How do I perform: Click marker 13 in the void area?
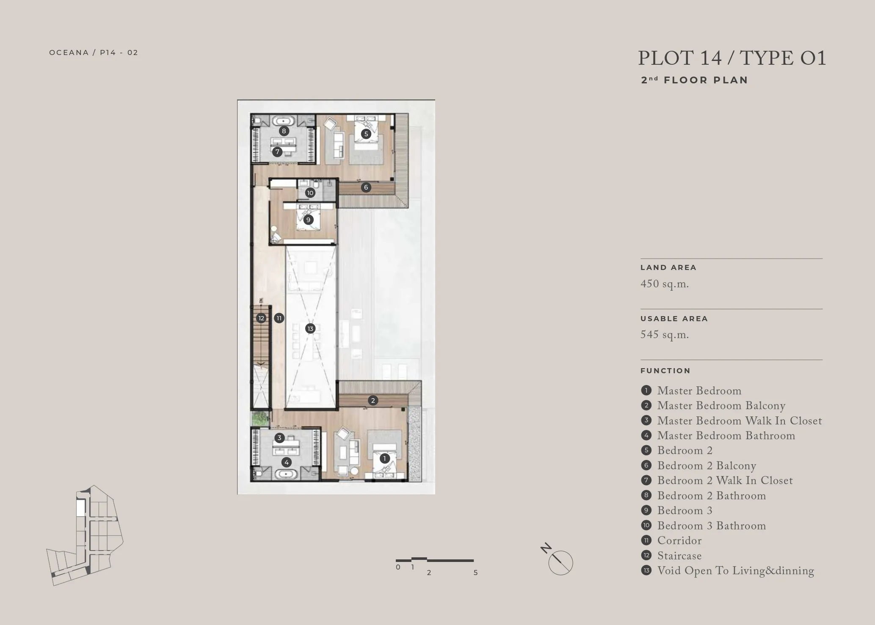pyautogui.click(x=310, y=328)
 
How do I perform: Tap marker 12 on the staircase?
pyautogui.click(x=261, y=318)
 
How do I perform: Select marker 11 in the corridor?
pyautogui.click(x=279, y=318)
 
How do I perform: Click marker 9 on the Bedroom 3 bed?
pyautogui.click(x=308, y=220)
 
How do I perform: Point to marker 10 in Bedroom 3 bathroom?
pyautogui.click(x=310, y=193)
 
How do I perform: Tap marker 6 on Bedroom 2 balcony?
pyautogui.click(x=366, y=187)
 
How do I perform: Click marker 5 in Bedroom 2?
pyautogui.click(x=366, y=134)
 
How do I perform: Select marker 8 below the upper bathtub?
pyautogui.click(x=284, y=131)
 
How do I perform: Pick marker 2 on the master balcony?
pyautogui.click(x=373, y=400)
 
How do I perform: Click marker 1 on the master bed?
pyautogui.click(x=384, y=458)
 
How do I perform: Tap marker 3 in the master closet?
pyautogui.click(x=279, y=438)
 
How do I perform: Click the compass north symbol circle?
pyautogui.click(x=561, y=563)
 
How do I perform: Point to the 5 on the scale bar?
pyautogui.click(x=475, y=573)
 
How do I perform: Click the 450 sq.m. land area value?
pyautogui.click(x=665, y=284)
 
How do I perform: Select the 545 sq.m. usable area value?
pyautogui.click(x=665, y=335)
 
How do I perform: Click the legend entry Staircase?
pyautogui.click(x=679, y=556)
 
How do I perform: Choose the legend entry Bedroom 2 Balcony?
pyautogui.click(x=707, y=465)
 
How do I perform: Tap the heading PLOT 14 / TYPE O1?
pyautogui.click(x=732, y=58)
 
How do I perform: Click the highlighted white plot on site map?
pyautogui.click(x=80, y=508)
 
